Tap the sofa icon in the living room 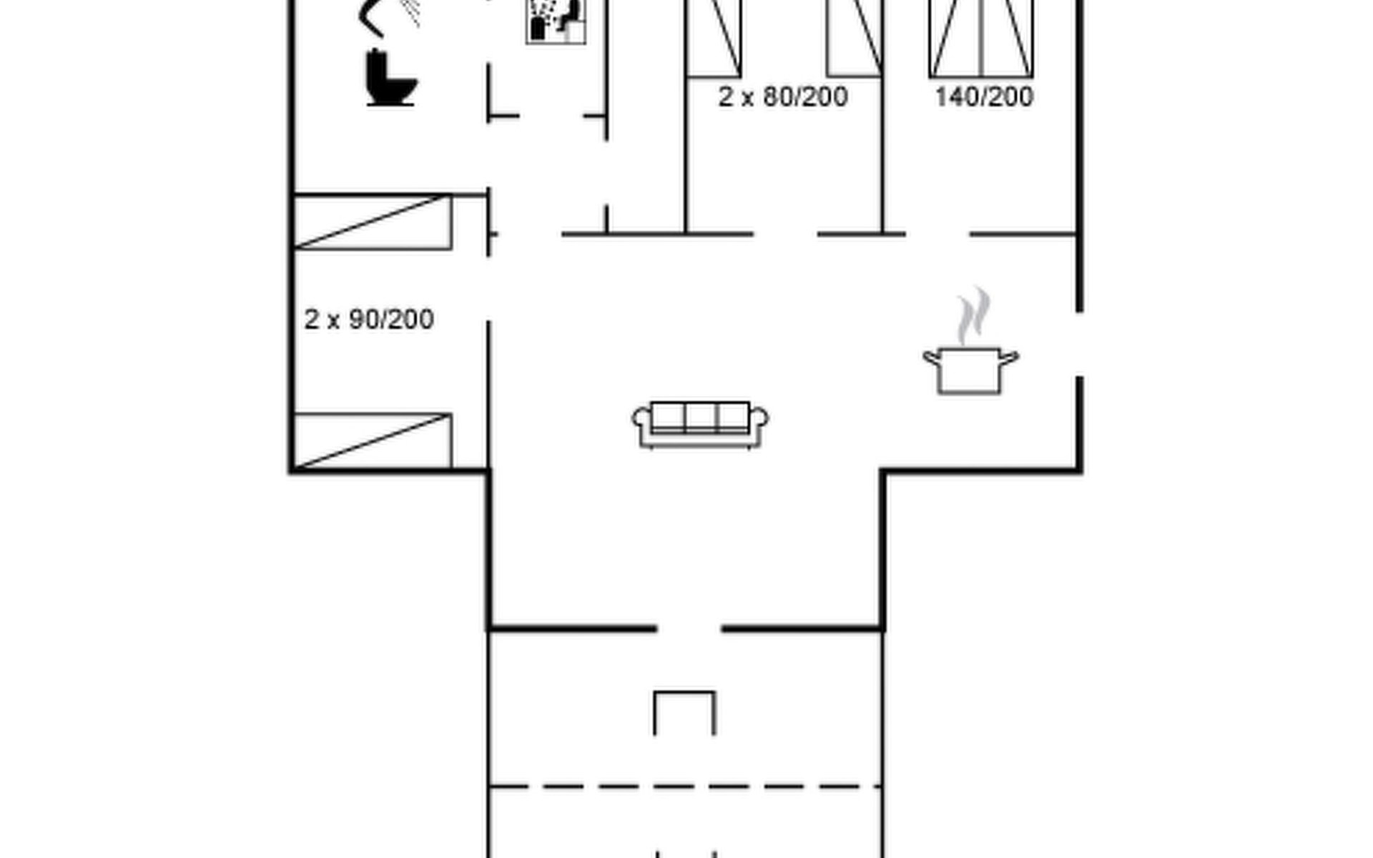(x=700, y=425)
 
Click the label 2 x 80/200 (x=783, y=97)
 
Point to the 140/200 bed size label (x=984, y=97)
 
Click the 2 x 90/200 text (x=369, y=319)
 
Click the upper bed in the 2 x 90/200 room (x=373, y=222)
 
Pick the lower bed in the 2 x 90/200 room (x=373, y=440)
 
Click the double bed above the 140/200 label (x=981, y=38)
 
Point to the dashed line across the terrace (x=685, y=786)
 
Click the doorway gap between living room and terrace (x=689, y=628)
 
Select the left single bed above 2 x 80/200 (x=714, y=38)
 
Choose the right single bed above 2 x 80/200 (x=854, y=38)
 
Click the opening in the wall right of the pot (x=1079, y=344)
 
